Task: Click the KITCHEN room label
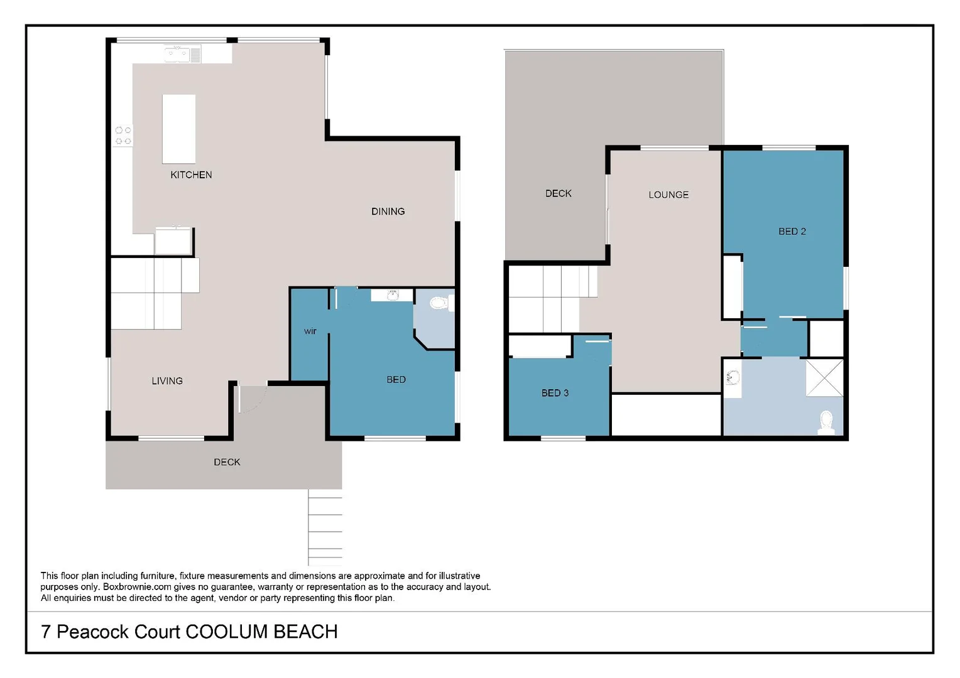(x=191, y=175)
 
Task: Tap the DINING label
(x=388, y=212)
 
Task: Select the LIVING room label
(x=167, y=381)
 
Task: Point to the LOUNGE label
(x=668, y=195)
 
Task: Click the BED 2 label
(x=792, y=232)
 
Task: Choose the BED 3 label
(x=555, y=393)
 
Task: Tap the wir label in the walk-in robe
(x=310, y=331)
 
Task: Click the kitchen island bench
(x=179, y=129)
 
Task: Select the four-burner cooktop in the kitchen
(x=123, y=136)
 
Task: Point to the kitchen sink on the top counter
(x=177, y=55)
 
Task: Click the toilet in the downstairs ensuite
(x=438, y=304)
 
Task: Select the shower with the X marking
(x=824, y=377)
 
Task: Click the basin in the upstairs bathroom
(x=733, y=378)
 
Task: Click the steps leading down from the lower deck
(x=325, y=527)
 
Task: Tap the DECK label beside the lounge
(x=558, y=194)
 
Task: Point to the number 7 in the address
(x=46, y=632)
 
